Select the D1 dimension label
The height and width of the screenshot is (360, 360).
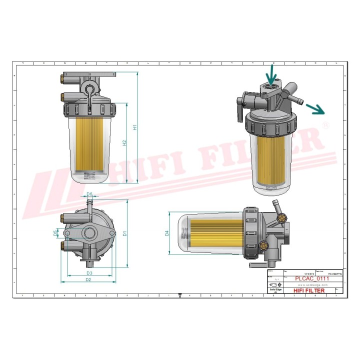[x=125, y=233]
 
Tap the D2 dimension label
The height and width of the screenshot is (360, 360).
[x=88, y=280]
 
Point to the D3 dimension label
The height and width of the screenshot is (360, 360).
[x=89, y=273]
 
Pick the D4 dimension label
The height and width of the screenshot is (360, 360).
[x=167, y=232]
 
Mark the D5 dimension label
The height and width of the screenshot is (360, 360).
[x=56, y=233]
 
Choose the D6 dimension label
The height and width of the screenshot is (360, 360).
[x=89, y=194]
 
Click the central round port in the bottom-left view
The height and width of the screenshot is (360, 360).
[x=90, y=233]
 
